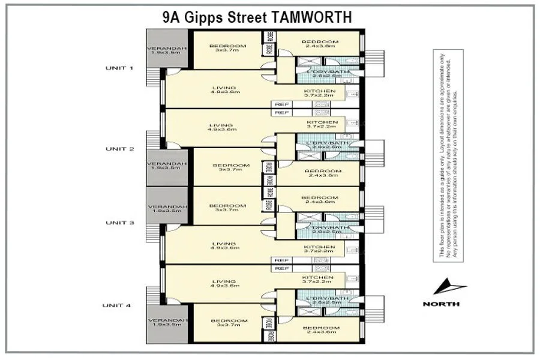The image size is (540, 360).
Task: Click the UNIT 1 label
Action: click(119, 68)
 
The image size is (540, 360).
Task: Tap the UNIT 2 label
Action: click(119, 148)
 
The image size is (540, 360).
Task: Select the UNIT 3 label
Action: click(119, 223)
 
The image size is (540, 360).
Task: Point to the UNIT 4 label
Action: click(119, 305)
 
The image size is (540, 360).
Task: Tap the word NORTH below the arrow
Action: click(442, 304)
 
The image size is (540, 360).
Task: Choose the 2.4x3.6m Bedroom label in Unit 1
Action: click(320, 42)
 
